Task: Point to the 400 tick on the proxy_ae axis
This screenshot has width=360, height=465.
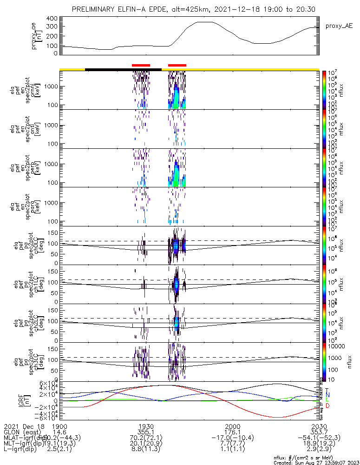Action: point(52,19)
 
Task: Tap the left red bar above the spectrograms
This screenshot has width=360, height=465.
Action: point(141,65)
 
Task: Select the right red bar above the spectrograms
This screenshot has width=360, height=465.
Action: point(177,65)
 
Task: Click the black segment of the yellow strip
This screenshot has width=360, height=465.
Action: point(123,69)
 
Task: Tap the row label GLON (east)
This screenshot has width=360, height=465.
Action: point(24,432)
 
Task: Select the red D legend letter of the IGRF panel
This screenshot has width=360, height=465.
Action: point(327,405)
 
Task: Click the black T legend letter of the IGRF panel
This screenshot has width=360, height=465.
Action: point(327,390)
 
